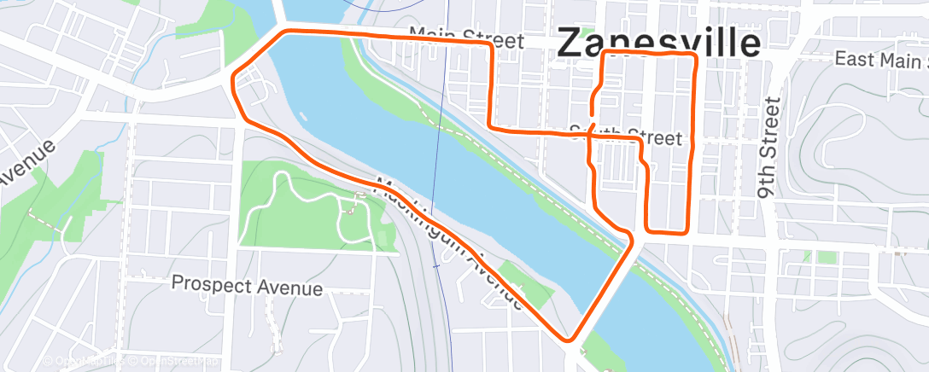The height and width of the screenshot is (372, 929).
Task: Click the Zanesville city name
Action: pyautogui.click(x=658, y=43)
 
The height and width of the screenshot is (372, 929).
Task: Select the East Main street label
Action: pyautogui.click(x=879, y=60)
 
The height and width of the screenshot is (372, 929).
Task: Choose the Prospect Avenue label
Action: pyautogui.click(x=247, y=285)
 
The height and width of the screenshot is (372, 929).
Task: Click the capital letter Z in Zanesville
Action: pyautogui.click(x=571, y=44)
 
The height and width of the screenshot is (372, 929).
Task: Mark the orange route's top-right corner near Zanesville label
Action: pyautogui.click(x=693, y=56)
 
